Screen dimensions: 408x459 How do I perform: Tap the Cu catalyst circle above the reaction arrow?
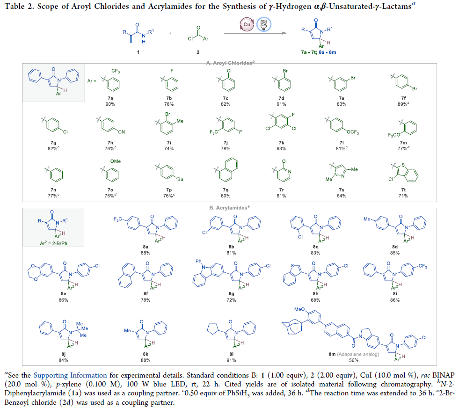pyautogui.click(x=246, y=24)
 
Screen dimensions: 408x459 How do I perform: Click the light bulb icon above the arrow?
pyautogui.click(x=263, y=24)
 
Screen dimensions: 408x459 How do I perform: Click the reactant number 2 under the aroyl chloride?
pyautogui.click(x=198, y=51)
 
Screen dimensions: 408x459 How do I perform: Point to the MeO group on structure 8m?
pyautogui.click(x=299, y=309)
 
